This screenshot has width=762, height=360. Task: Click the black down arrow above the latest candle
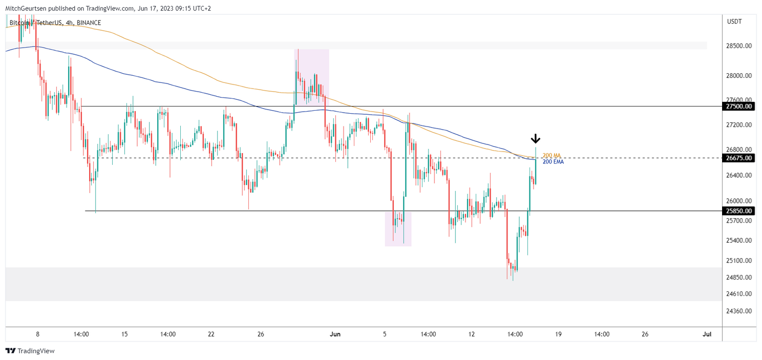[x=535, y=139]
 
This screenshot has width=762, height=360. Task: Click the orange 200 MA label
[x=552, y=155]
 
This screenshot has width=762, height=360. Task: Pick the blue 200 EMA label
[x=553, y=162]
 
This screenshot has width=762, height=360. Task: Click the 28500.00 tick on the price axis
[x=738, y=46]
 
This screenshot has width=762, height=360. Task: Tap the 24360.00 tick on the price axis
[x=738, y=311]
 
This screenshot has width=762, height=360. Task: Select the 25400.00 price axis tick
[x=738, y=241]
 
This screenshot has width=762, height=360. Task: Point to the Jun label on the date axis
[x=335, y=334]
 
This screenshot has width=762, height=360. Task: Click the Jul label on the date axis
[x=707, y=334]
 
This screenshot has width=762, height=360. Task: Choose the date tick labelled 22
[x=211, y=334]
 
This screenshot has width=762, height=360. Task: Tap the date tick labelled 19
[x=558, y=334]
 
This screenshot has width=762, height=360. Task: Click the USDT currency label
[x=734, y=22]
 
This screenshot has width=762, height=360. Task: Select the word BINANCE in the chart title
[x=89, y=23]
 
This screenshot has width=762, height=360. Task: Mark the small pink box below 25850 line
[x=398, y=229]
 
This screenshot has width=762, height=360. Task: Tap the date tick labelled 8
[x=37, y=334]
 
